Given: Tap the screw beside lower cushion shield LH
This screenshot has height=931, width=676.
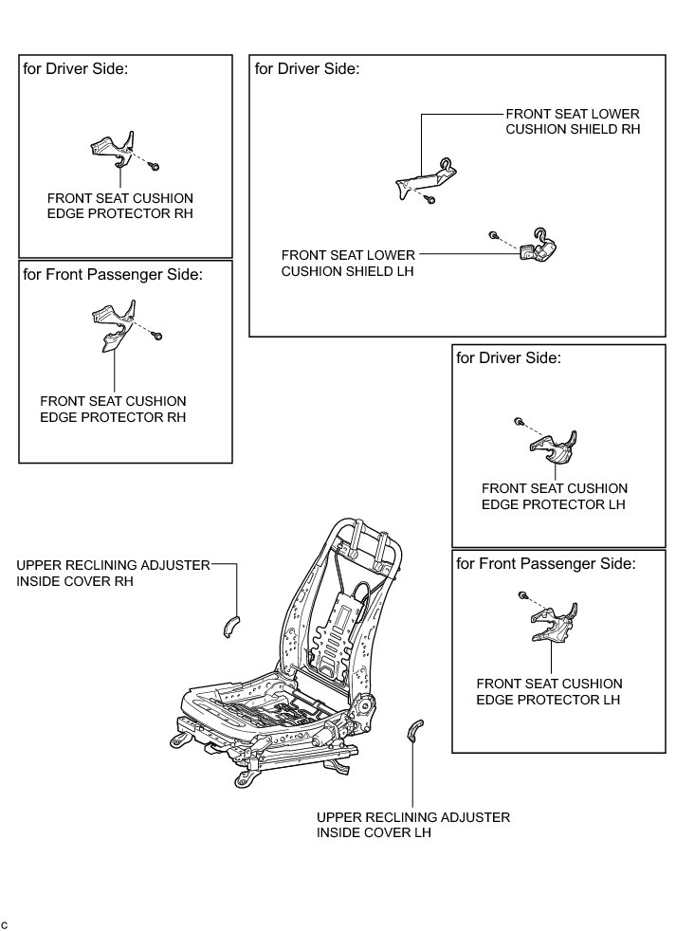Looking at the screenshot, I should point(494,234).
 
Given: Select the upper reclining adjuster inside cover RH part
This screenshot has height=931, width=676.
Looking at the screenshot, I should point(229,626).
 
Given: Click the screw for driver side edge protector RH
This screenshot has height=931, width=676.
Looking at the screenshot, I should point(155,166).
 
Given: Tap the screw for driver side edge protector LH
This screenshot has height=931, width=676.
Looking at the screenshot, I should point(518,421).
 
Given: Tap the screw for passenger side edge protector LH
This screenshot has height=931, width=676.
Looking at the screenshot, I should point(522,594).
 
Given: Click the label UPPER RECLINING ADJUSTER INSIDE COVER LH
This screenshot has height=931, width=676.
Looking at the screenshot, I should point(412,825).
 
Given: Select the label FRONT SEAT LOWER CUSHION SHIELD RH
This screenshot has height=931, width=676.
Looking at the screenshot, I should point(573,120).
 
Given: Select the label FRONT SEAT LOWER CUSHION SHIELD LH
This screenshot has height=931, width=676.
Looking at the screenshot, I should point(348,263).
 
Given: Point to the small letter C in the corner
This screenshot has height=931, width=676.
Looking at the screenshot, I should point(5,923).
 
